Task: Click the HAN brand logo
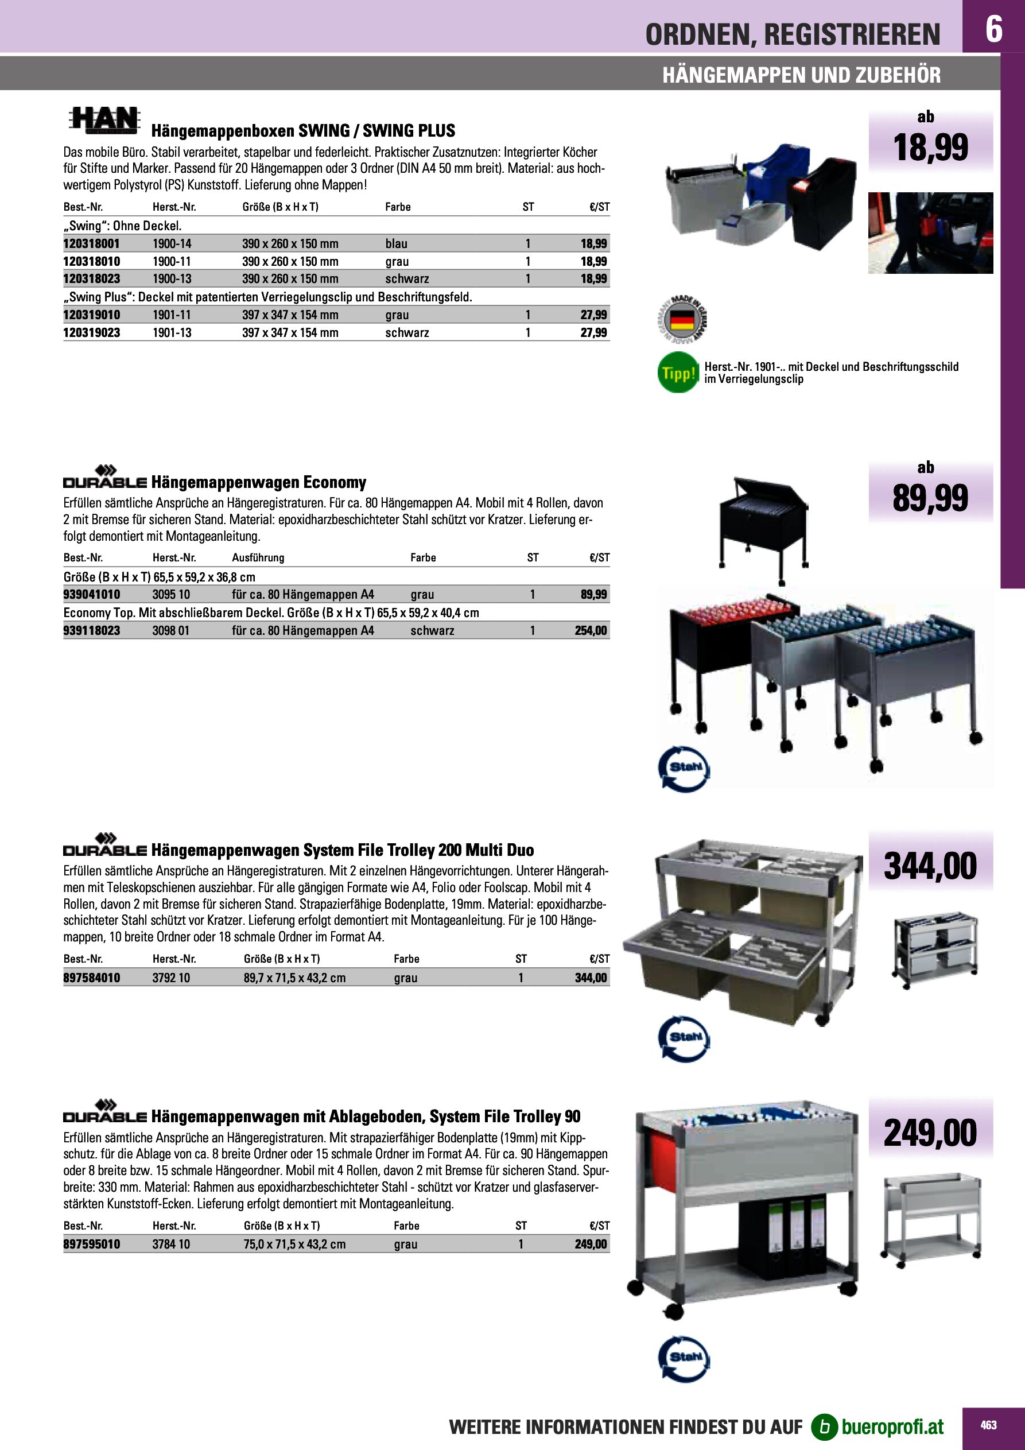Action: click(x=104, y=120)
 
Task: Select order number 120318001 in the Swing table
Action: click(x=92, y=244)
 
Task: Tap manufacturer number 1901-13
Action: click(x=172, y=333)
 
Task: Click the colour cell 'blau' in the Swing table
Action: click(x=397, y=244)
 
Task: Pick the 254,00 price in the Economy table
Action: click(x=591, y=630)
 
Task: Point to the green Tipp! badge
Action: click(x=678, y=373)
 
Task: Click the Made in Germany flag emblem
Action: click(x=681, y=320)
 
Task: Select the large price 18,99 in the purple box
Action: click(x=930, y=148)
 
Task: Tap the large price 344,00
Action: click(x=930, y=866)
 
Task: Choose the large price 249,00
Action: click(x=930, y=1133)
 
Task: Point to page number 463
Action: click(x=988, y=1425)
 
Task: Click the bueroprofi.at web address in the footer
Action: click(x=892, y=1426)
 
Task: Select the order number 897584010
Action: click(x=92, y=978)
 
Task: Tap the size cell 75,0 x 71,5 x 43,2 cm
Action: click(x=294, y=1244)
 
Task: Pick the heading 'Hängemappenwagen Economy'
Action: click(x=258, y=483)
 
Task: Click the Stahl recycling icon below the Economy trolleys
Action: click(x=685, y=769)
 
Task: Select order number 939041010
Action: click(x=92, y=594)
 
